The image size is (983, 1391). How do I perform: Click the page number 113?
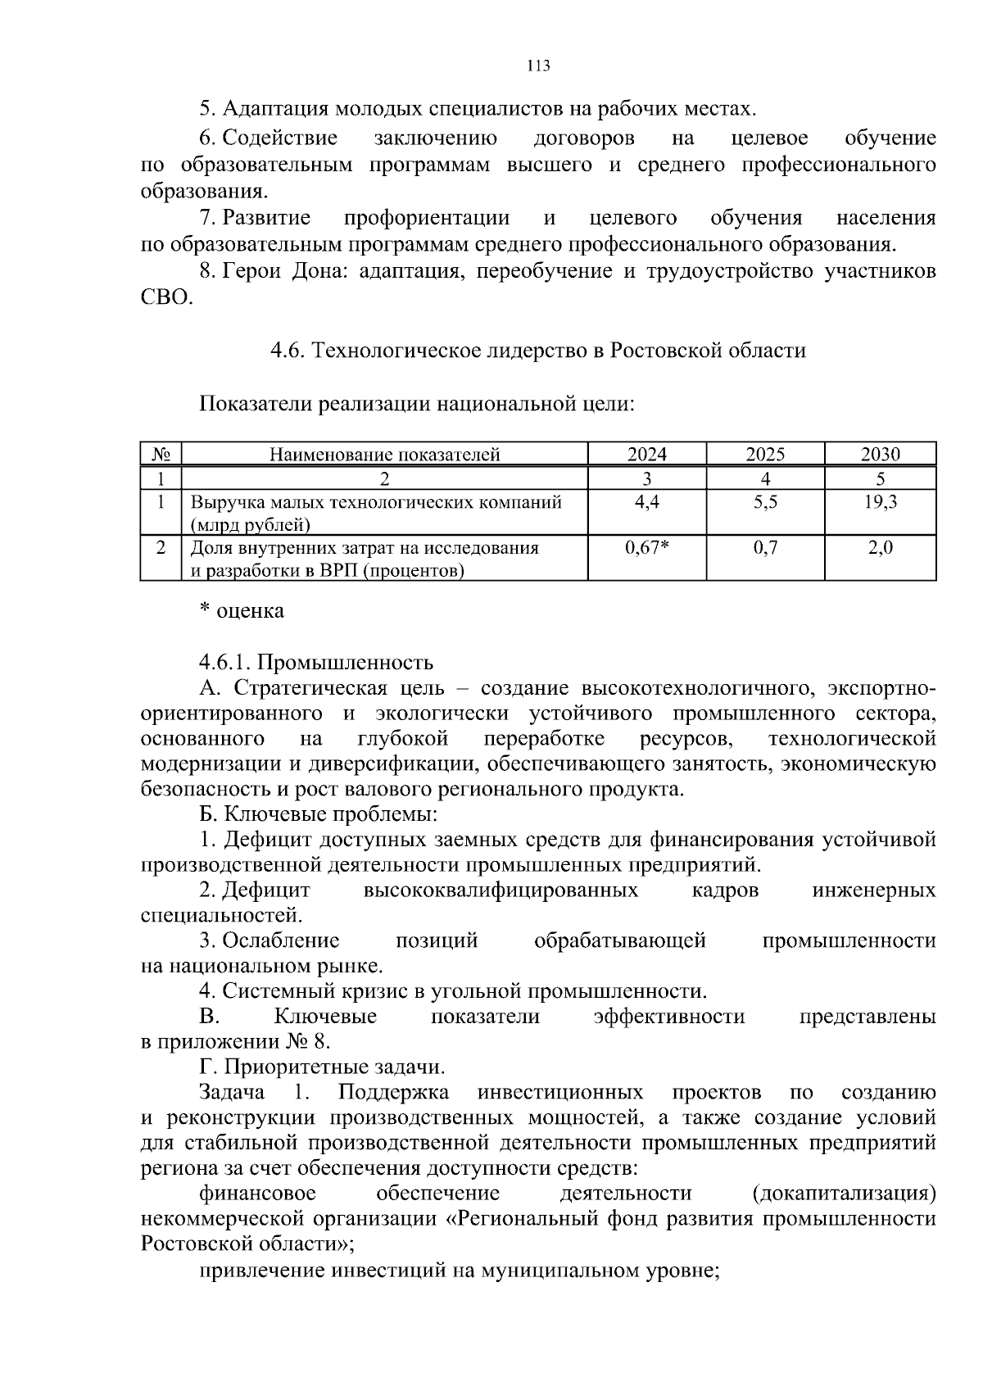[538, 66]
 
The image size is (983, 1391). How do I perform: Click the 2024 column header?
[646, 455]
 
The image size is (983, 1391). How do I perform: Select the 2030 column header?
[880, 455]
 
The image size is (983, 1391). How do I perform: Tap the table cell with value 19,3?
[880, 502]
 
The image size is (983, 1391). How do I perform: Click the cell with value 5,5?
[765, 502]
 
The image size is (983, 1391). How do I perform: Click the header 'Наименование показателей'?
[384, 455]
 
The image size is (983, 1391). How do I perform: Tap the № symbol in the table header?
[161, 455]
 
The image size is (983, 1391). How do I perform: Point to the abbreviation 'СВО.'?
[167, 298]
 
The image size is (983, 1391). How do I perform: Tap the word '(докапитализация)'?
[843, 1193]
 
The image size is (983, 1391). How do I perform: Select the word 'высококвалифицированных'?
[500, 890]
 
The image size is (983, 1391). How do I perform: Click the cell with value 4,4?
[646, 502]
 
